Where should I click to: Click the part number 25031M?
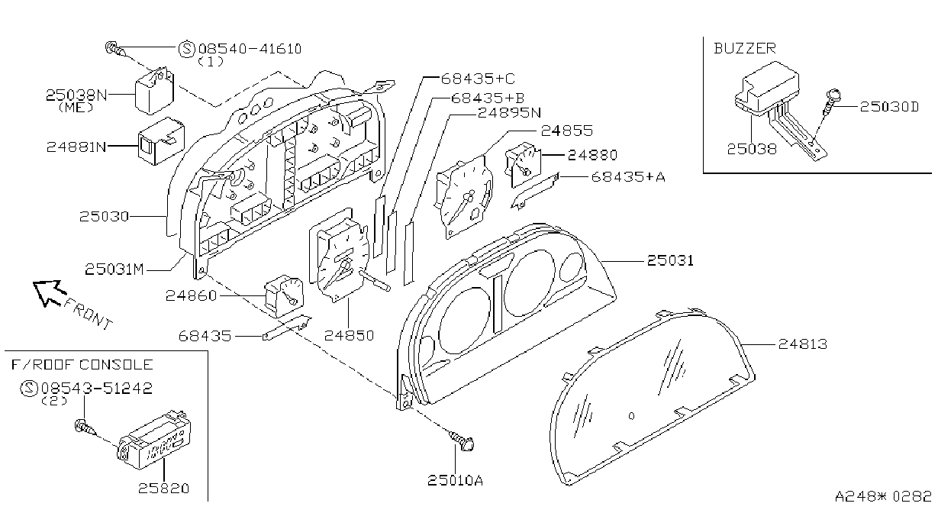[x=114, y=269]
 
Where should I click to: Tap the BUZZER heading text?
[x=745, y=49]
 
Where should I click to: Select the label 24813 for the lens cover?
[x=803, y=344]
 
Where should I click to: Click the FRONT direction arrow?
[x=50, y=292]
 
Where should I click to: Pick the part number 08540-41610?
[x=250, y=49]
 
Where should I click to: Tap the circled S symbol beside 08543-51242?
[x=29, y=389]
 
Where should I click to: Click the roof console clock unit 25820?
[x=154, y=440]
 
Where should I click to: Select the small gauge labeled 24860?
[x=285, y=296]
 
